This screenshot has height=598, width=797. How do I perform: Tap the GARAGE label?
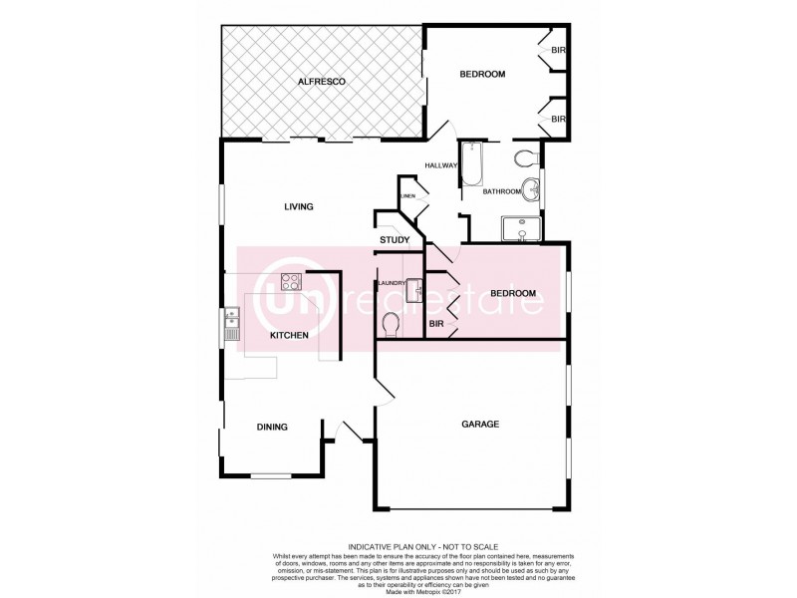[x=479, y=424]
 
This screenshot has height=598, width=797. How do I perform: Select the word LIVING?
[x=299, y=207]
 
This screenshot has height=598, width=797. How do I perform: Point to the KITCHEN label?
[x=288, y=337]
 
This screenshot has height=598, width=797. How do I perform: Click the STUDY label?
[x=395, y=240]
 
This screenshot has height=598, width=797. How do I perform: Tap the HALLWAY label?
[x=440, y=165]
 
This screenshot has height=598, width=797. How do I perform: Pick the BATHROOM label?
[x=502, y=191]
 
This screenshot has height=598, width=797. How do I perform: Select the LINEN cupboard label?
[x=406, y=196]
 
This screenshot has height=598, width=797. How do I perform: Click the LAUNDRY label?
[x=391, y=284]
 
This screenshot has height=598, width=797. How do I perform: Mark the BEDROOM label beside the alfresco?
[x=482, y=75]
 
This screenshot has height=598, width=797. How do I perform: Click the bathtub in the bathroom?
[x=470, y=165]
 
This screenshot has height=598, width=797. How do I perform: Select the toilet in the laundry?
[x=392, y=323]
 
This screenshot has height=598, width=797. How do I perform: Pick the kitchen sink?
[x=231, y=321]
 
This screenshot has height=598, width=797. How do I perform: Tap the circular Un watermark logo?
[x=282, y=296]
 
